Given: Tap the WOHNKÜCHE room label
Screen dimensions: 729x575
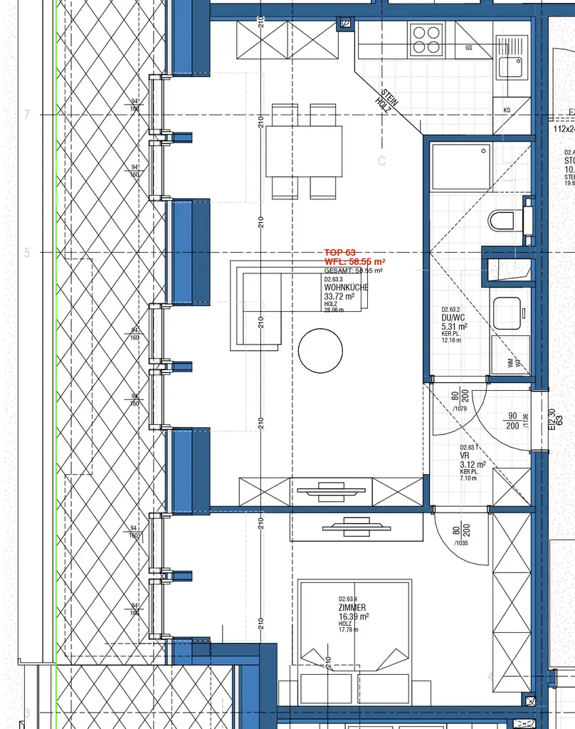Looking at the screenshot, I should pyautogui.click(x=346, y=288).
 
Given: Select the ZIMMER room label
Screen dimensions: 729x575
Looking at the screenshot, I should pyautogui.click(x=352, y=607).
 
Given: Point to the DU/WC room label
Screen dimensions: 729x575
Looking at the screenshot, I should pyautogui.click(x=454, y=318).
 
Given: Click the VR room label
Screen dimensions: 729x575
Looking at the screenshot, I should pyautogui.click(x=464, y=456).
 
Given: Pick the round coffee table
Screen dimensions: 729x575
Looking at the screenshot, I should pyautogui.click(x=321, y=350).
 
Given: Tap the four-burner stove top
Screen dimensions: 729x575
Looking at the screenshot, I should pyautogui.click(x=426, y=39).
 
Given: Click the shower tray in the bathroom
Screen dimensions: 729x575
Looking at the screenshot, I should pyautogui.click(x=461, y=166).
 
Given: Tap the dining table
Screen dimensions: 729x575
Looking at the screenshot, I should pyautogui.click(x=304, y=151).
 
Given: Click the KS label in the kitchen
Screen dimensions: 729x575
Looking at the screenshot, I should pyautogui.click(x=507, y=110).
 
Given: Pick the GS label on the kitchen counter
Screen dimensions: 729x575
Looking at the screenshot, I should pyautogui.click(x=469, y=48).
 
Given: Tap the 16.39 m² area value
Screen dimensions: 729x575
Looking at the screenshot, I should pyautogui.click(x=354, y=617).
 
